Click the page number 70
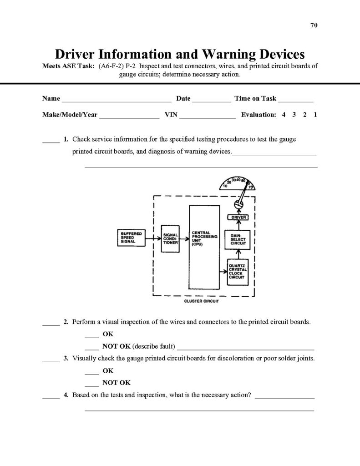(314, 25)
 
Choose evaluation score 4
(284, 115)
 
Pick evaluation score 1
(315, 115)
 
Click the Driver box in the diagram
(238, 218)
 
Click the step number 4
(66, 395)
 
